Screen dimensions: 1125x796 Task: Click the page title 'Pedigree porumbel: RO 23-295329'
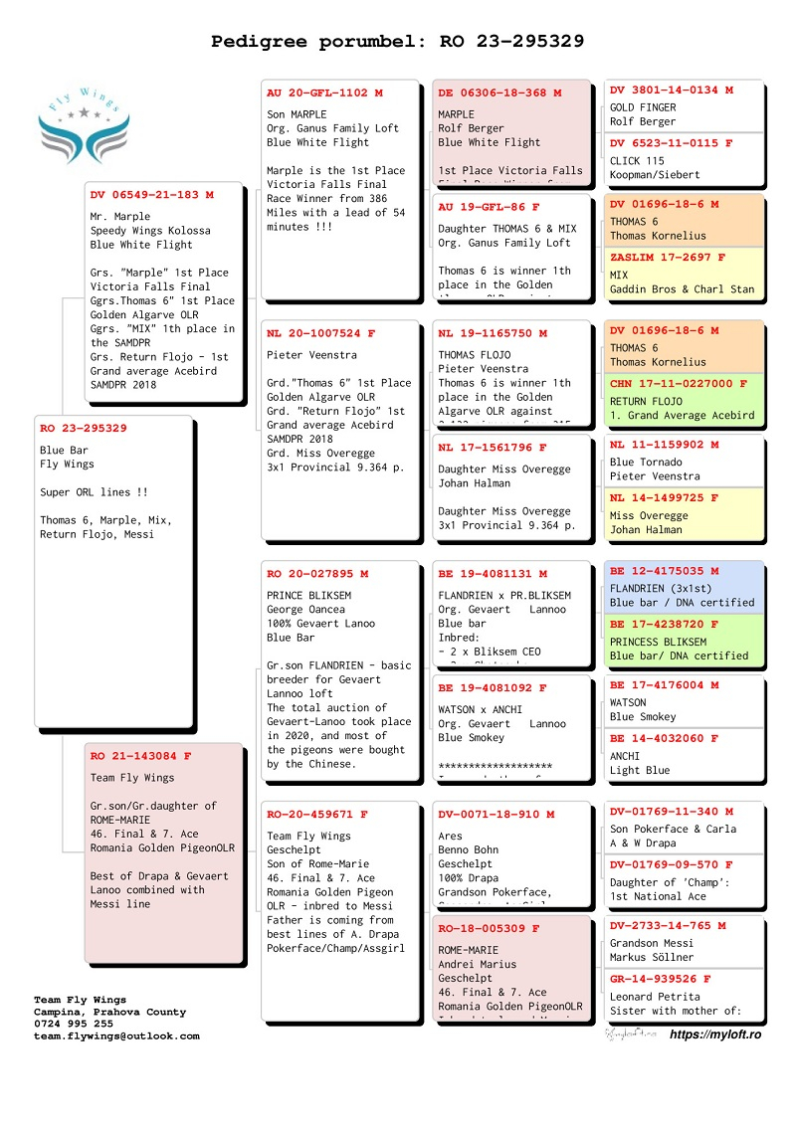click(397, 42)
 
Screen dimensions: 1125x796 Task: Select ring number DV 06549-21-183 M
click(151, 195)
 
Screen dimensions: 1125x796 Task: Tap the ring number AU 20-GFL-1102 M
click(324, 93)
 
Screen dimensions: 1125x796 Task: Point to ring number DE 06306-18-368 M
click(499, 93)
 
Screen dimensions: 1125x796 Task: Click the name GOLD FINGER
click(643, 107)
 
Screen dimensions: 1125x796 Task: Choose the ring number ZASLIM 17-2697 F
click(668, 257)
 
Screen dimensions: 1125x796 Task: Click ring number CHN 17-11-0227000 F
click(678, 383)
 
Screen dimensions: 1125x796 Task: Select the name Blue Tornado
click(646, 462)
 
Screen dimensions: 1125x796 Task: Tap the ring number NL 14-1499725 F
click(664, 497)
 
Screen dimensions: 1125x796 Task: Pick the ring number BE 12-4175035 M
click(664, 571)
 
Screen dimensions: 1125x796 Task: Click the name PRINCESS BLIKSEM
click(658, 642)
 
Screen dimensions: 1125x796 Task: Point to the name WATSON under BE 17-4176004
click(628, 702)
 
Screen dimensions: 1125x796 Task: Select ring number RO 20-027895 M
click(317, 573)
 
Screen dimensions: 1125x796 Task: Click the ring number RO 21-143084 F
click(140, 756)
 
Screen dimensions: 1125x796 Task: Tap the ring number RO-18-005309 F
click(489, 928)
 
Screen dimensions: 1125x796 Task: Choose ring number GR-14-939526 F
click(661, 979)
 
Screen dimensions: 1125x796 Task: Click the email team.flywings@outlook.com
click(116, 1035)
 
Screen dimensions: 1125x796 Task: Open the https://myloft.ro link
click(715, 1034)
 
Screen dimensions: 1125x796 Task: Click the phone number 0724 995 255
click(74, 1024)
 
